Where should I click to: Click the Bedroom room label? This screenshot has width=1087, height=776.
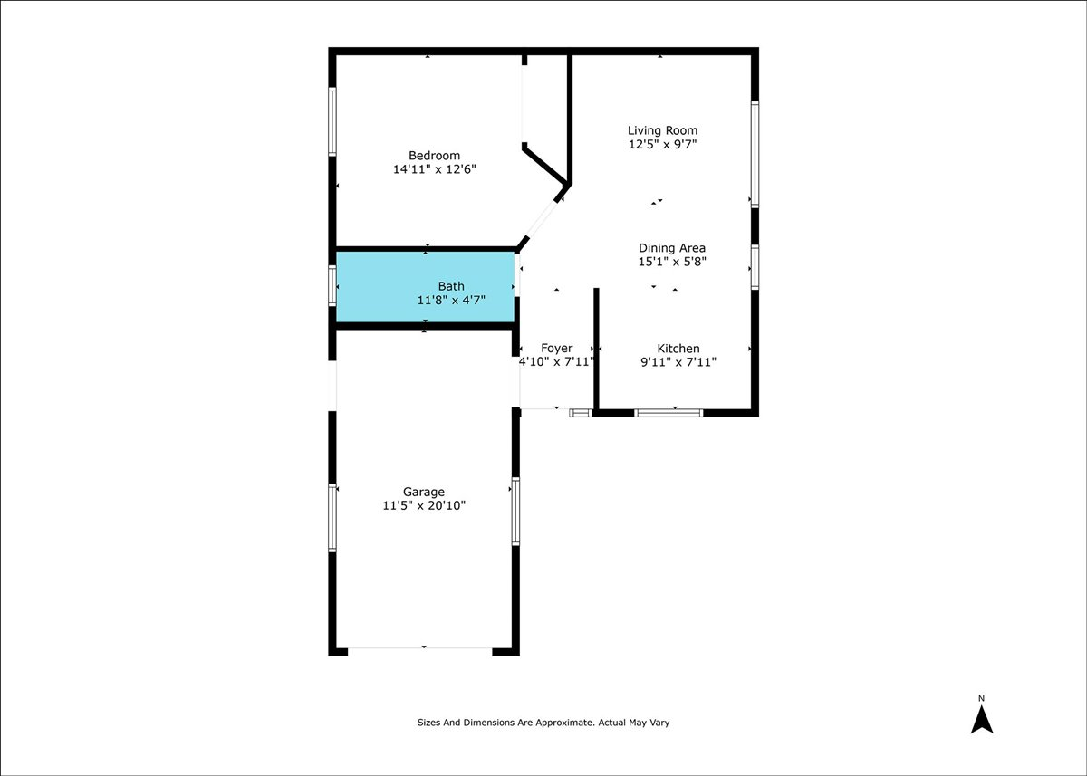click(434, 156)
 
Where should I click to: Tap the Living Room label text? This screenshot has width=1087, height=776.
click(663, 130)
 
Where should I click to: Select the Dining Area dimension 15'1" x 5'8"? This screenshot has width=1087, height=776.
click(671, 262)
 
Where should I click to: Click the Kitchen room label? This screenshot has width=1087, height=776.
click(678, 349)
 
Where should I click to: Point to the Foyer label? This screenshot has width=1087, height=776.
click(556, 349)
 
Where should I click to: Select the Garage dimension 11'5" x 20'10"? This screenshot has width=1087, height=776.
click(424, 506)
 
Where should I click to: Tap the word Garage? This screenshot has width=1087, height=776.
click(424, 493)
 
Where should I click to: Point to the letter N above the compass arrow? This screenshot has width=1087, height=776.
click(982, 698)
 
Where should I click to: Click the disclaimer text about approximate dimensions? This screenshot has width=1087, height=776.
click(543, 723)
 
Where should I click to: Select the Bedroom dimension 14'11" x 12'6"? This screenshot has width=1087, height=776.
click(434, 169)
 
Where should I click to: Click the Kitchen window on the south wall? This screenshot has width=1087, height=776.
click(669, 413)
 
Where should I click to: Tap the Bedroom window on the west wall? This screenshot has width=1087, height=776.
click(332, 121)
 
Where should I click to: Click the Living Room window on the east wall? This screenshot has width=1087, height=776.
click(755, 154)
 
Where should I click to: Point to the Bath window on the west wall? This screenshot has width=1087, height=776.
click(332, 285)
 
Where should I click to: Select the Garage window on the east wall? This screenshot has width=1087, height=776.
click(515, 511)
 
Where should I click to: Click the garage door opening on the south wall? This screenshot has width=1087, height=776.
click(420, 648)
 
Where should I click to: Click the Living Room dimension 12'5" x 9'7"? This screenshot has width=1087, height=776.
click(663, 144)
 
